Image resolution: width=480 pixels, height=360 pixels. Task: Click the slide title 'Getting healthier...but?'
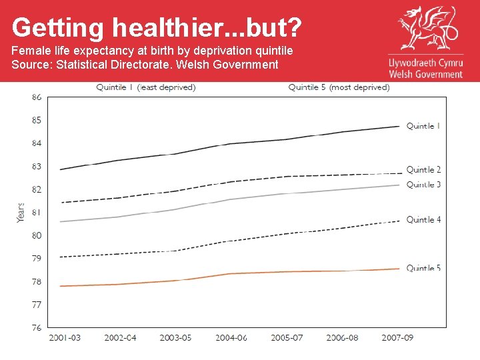[x=157, y=28]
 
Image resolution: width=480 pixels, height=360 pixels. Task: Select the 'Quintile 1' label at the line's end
[x=423, y=126]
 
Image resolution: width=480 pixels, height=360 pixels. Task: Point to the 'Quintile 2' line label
[x=423, y=170]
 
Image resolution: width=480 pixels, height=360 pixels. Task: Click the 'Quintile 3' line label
[x=423, y=185]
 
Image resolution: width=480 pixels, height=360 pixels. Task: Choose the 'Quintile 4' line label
[x=423, y=219]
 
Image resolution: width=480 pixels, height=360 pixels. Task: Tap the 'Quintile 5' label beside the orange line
[x=423, y=268]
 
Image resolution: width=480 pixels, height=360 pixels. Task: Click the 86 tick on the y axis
[x=36, y=97]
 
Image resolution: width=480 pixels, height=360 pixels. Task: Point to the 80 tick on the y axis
[x=36, y=235]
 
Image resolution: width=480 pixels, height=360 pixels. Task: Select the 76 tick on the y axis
[x=36, y=327]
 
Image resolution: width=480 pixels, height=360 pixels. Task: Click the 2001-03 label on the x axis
[x=65, y=338]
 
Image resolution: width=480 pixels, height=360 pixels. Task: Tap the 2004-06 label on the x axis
[x=231, y=338]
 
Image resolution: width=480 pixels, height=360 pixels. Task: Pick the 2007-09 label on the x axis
[x=397, y=338]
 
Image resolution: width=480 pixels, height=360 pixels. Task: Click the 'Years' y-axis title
[x=21, y=212]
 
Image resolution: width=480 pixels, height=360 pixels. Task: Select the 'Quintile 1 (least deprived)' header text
[x=146, y=87]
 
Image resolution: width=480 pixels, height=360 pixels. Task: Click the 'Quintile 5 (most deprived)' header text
[x=339, y=87]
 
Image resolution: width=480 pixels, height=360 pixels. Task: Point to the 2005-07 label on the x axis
[x=287, y=338]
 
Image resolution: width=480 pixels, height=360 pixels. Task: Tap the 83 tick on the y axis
[x=36, y=166]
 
